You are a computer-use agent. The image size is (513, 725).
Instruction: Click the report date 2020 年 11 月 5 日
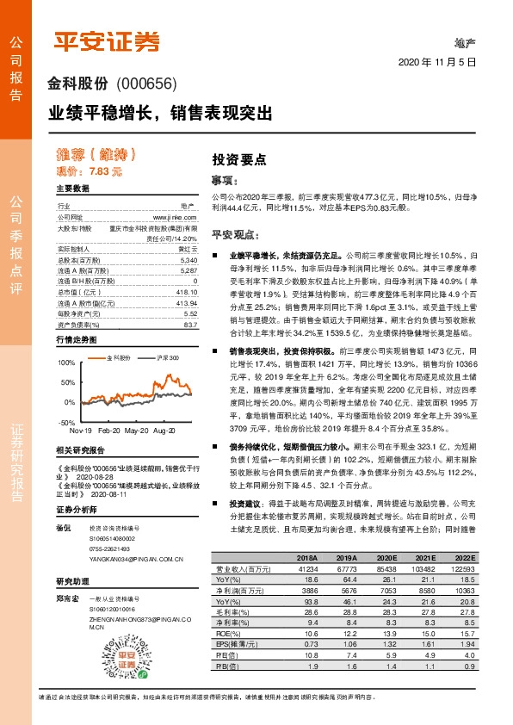438,62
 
